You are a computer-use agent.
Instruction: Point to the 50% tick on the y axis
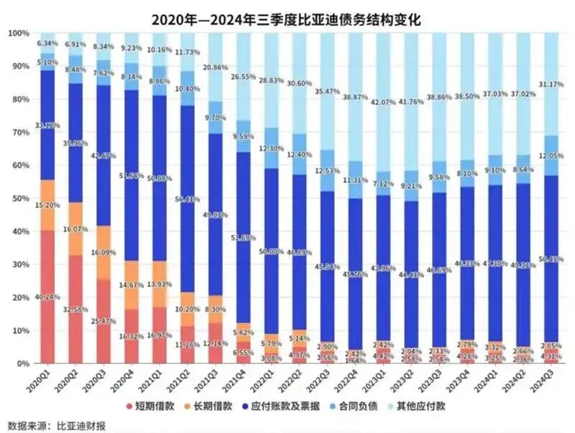(x=19, y=198)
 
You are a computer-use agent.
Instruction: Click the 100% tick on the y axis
(x=18, y=33)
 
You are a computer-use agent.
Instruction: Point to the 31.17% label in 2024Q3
(x=551, y=88)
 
